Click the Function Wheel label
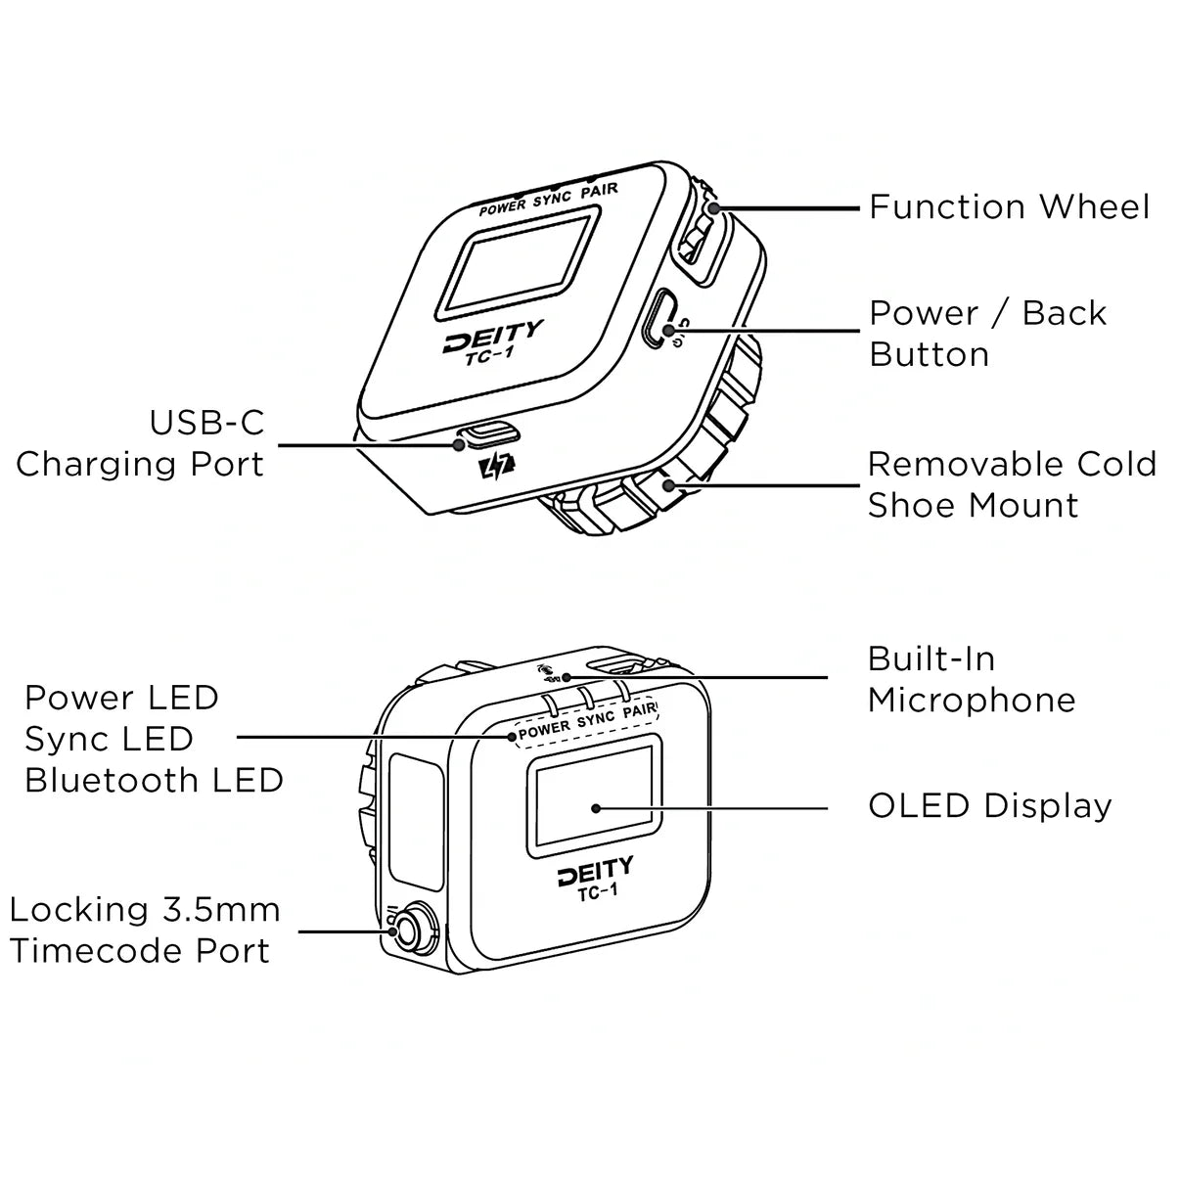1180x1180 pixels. tap(1009, 207)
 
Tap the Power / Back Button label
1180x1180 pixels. tap(987, 334)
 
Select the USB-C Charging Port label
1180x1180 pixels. tap(140, 443)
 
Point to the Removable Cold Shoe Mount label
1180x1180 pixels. tap(1012, 484)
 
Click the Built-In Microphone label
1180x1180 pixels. tap(971, 679)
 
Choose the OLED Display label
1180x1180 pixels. tap(989, 806)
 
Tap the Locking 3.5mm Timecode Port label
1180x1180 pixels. tap(145, 930)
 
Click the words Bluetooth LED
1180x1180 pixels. tap(154, 781)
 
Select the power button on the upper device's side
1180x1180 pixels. tap(657, 317)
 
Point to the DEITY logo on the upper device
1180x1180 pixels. tap(492, 339)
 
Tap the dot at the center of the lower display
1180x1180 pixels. tap(596, 808)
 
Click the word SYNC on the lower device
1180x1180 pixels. tap(595, 721)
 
